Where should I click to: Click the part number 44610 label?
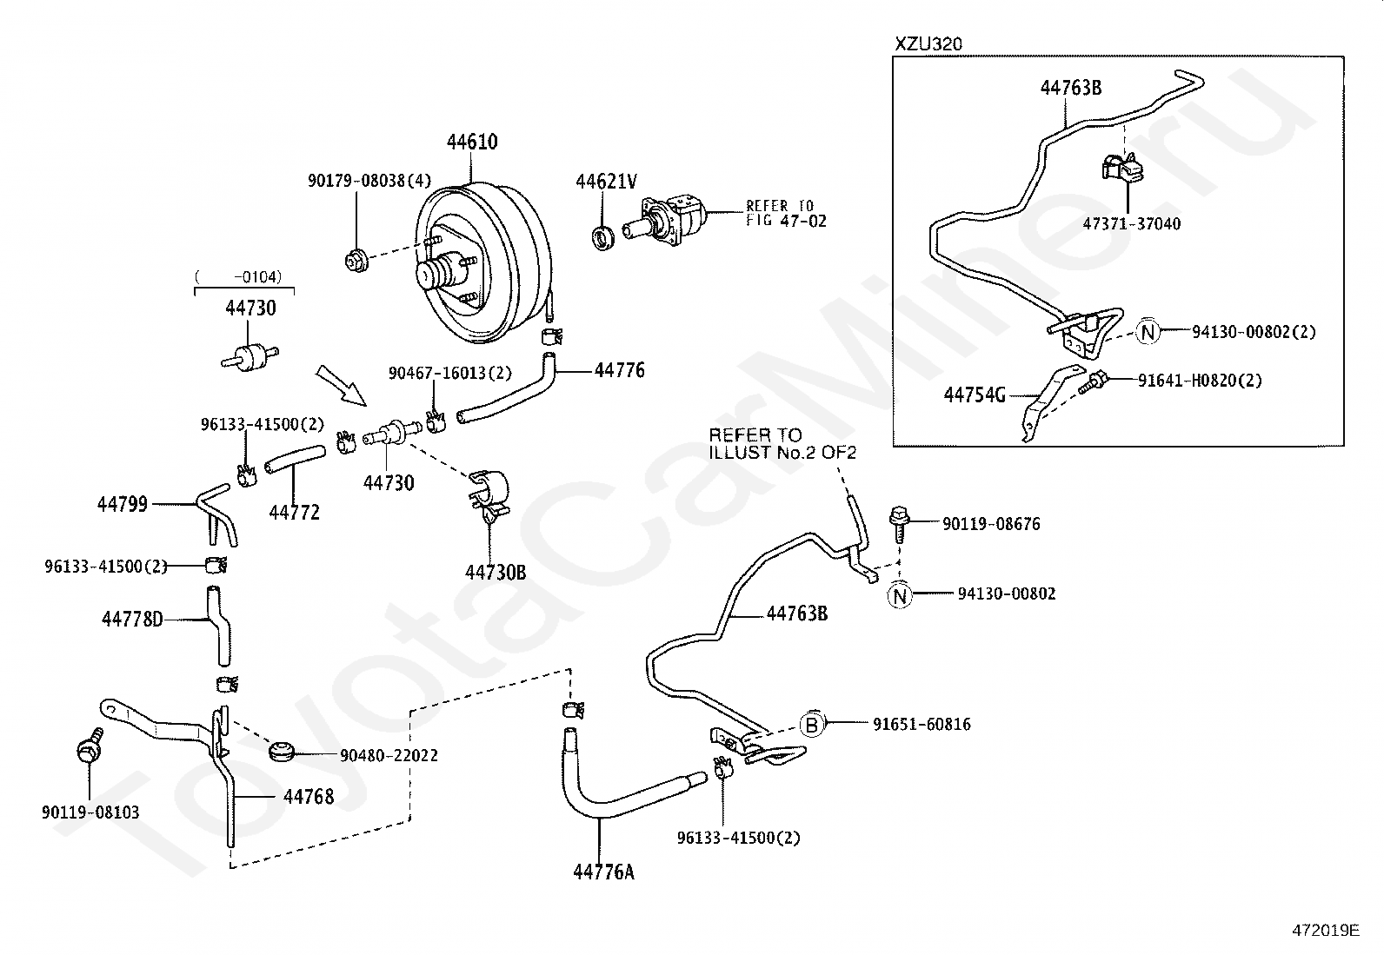tap(472, 142)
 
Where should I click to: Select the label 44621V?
tap(606, 181)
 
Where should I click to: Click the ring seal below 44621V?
tap(603, 238)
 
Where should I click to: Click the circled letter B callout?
tap(813, 724)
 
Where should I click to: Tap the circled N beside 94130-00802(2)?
tap(1148, 332)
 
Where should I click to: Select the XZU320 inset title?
tap(928, 43)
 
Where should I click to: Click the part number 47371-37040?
tap(1131, 223)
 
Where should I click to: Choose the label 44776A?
tap(603, 872)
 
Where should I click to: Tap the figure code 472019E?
tap(1326, 930)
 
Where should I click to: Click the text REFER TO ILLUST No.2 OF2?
tap(782, 443)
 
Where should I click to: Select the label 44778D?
tap(132, 619)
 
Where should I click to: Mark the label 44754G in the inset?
tap(975, 395)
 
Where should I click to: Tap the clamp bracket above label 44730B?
tap(490, 495)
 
